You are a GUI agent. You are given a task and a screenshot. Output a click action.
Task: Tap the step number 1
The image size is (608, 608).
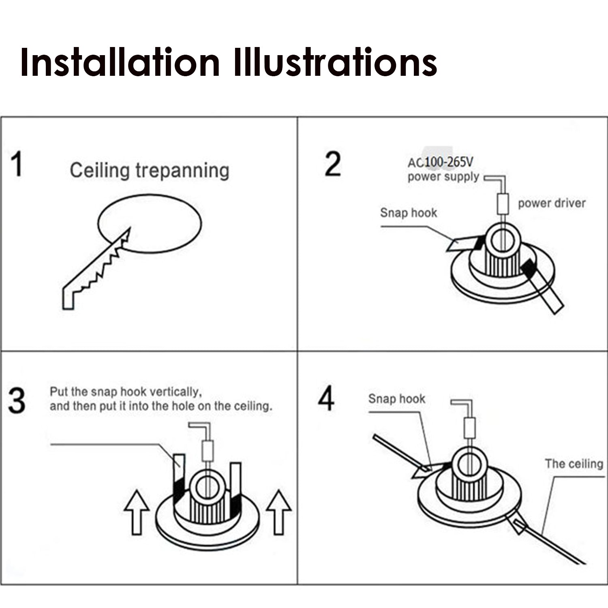[x=17, y=164]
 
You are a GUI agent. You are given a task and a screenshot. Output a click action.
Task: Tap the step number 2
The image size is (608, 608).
[x=332, y=164]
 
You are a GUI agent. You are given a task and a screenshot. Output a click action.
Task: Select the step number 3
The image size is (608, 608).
[x=17, y=401]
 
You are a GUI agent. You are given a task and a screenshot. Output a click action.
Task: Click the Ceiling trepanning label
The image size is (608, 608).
[x=149, y=170]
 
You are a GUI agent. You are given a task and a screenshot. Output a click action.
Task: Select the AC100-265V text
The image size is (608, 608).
[x=440, y=163]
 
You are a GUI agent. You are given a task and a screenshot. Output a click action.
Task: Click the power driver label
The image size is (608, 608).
[x=552, y=203]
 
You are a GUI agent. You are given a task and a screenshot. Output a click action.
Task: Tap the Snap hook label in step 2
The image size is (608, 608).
[x=409, y=213]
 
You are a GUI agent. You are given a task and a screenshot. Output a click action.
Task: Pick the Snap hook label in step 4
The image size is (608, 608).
[x=396, y=398]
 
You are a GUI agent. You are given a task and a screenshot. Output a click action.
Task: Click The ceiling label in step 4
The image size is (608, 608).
[x=574, y=463]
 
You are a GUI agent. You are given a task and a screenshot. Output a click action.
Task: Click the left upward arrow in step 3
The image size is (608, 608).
[x=137, y=512]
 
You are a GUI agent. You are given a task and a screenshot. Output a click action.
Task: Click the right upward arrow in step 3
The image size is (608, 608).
[x=278, y=512]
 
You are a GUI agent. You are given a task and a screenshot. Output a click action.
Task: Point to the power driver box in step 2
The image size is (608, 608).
[x=503, y=204]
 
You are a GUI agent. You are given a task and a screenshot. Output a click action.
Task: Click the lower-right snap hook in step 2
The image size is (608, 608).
[x=543, y=288]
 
